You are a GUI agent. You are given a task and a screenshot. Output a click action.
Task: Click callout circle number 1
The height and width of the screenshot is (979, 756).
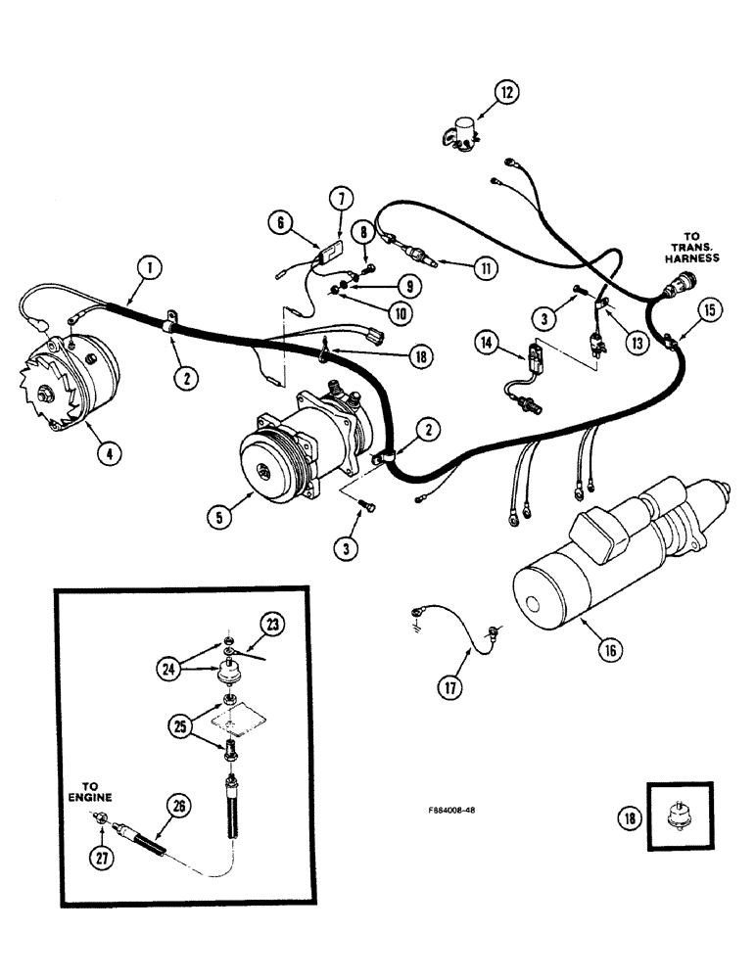click(x=148, y=264)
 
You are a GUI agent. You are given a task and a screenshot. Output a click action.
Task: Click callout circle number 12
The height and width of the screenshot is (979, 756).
click(x=505, y=93)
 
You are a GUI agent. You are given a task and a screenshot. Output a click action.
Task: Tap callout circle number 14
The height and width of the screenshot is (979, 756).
click(x=485, y=343)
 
